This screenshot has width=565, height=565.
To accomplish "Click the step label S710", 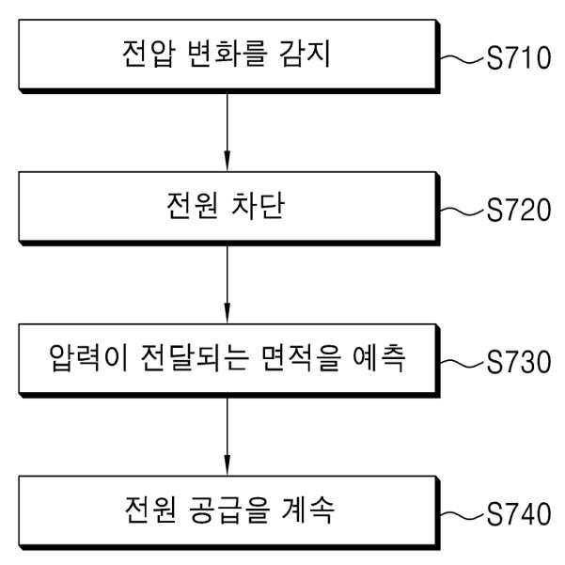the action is [x=519, y=57].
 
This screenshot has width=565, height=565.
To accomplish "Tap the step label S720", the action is [x=519, y=210].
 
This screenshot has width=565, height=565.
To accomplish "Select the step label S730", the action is [x=519, y=361].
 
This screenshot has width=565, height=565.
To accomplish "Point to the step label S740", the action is [x=519, y=513].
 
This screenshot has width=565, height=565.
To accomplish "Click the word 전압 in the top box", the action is [x=149, y=54].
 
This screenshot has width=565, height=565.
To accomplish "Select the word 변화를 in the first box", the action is [x=228, y=54].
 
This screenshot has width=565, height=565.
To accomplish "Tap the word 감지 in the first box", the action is [x=305, y=54].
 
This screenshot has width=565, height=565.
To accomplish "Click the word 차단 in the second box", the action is [x=258, y=205].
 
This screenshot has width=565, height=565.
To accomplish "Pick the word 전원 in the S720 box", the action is [x=193, y=205].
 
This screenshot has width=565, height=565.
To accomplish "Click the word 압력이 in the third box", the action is [x=88, y=358].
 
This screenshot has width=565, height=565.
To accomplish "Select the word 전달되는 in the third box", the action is [x=195, y=358].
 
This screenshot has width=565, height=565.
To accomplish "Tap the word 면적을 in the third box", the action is [x=301, y=358].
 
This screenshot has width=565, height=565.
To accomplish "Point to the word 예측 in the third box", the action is [x=379, y=358].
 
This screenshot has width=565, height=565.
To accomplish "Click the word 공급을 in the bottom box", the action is [x=229, y=510].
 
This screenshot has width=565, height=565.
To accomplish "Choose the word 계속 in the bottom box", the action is [x=308, y=510].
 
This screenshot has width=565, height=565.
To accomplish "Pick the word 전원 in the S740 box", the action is [x=150, y=510].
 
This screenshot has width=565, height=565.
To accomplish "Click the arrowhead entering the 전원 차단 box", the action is [x=227, y=161].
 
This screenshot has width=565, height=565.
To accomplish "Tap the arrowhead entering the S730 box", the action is [x=227, y=313].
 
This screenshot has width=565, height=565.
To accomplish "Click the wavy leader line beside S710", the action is [x=463, y=59].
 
